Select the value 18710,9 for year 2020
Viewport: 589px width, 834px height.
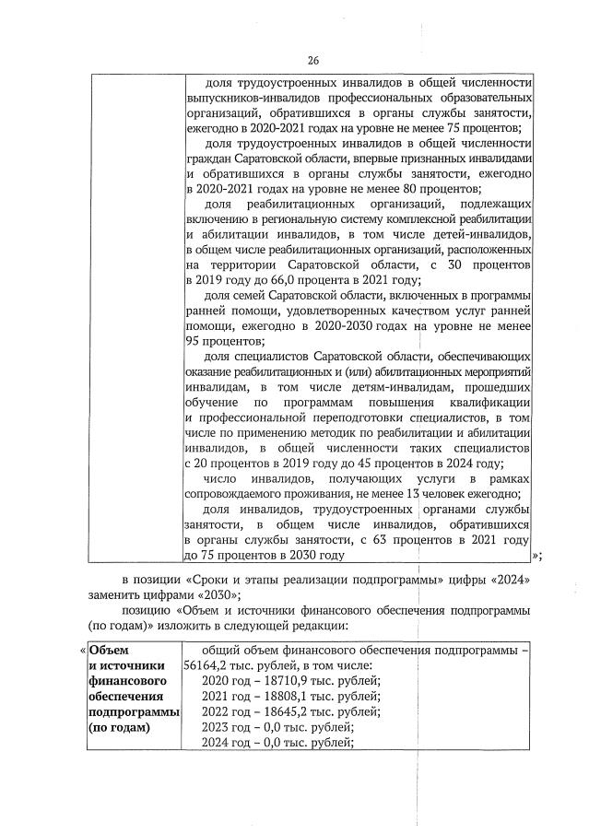pyautogui.click(x=264, y=681)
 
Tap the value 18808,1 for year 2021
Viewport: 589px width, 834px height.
pyautogui.click(x=264, y=696)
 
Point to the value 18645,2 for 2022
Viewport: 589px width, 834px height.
pyautogui.click(x=264, y=711)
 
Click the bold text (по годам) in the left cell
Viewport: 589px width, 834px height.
pyautogui.click(x=118, y=727)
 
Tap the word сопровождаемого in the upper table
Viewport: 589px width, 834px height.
pyautogui.click(x=236, y=494)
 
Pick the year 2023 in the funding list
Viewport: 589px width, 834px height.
pyautogui.click(x=217, y=727)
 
